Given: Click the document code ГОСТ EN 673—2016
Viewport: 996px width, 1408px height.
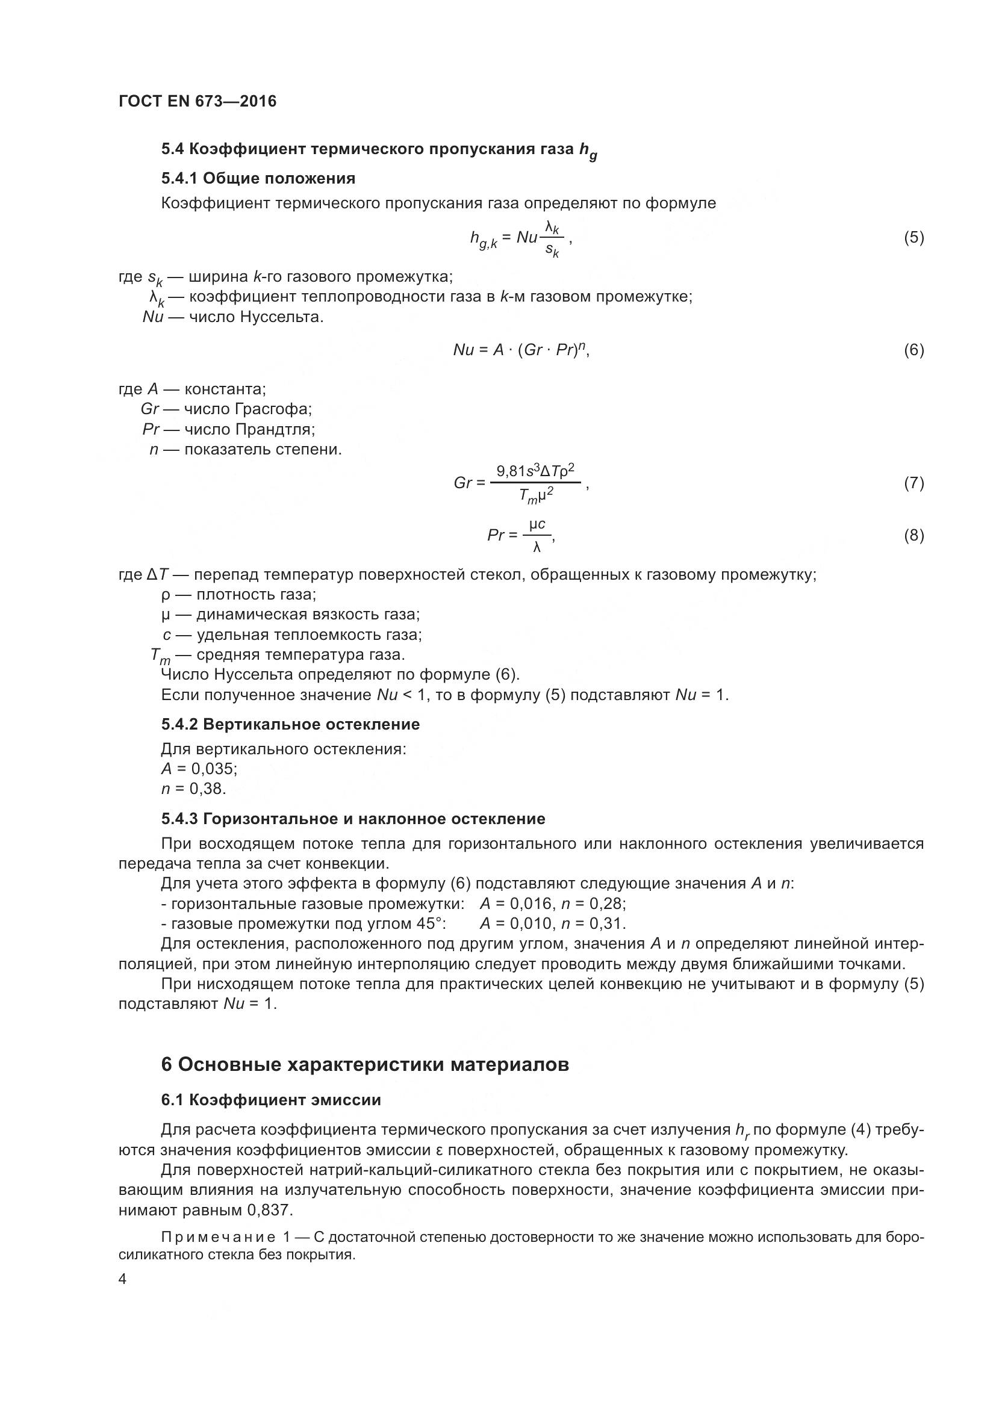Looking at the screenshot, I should coord(197,101).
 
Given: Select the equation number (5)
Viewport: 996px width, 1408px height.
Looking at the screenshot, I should coord(914,237).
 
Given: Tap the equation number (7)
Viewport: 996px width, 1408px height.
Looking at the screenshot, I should coord(914,483).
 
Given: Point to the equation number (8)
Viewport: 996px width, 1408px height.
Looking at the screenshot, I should coord(914,536).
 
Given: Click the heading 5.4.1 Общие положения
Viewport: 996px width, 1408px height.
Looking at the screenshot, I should coord(258,178).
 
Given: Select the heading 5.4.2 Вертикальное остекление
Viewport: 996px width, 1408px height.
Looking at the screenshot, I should coord(290,724).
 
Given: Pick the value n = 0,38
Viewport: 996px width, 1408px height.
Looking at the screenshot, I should coord(193,789).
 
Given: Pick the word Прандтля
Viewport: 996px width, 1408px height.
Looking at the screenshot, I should coord(275,429).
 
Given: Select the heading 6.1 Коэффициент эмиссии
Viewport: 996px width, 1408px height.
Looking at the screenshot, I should coord(270,1100).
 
